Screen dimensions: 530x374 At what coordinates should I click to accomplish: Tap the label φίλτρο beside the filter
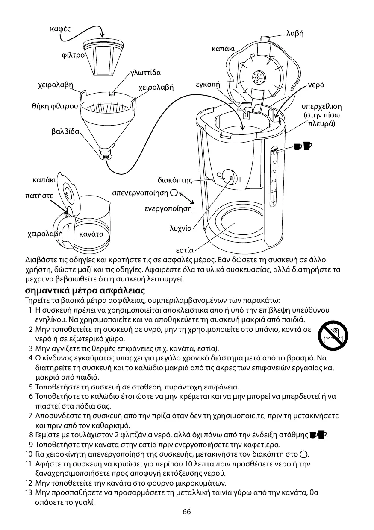pos(71,56)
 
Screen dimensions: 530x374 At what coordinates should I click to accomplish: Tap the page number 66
pos(186,512)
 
